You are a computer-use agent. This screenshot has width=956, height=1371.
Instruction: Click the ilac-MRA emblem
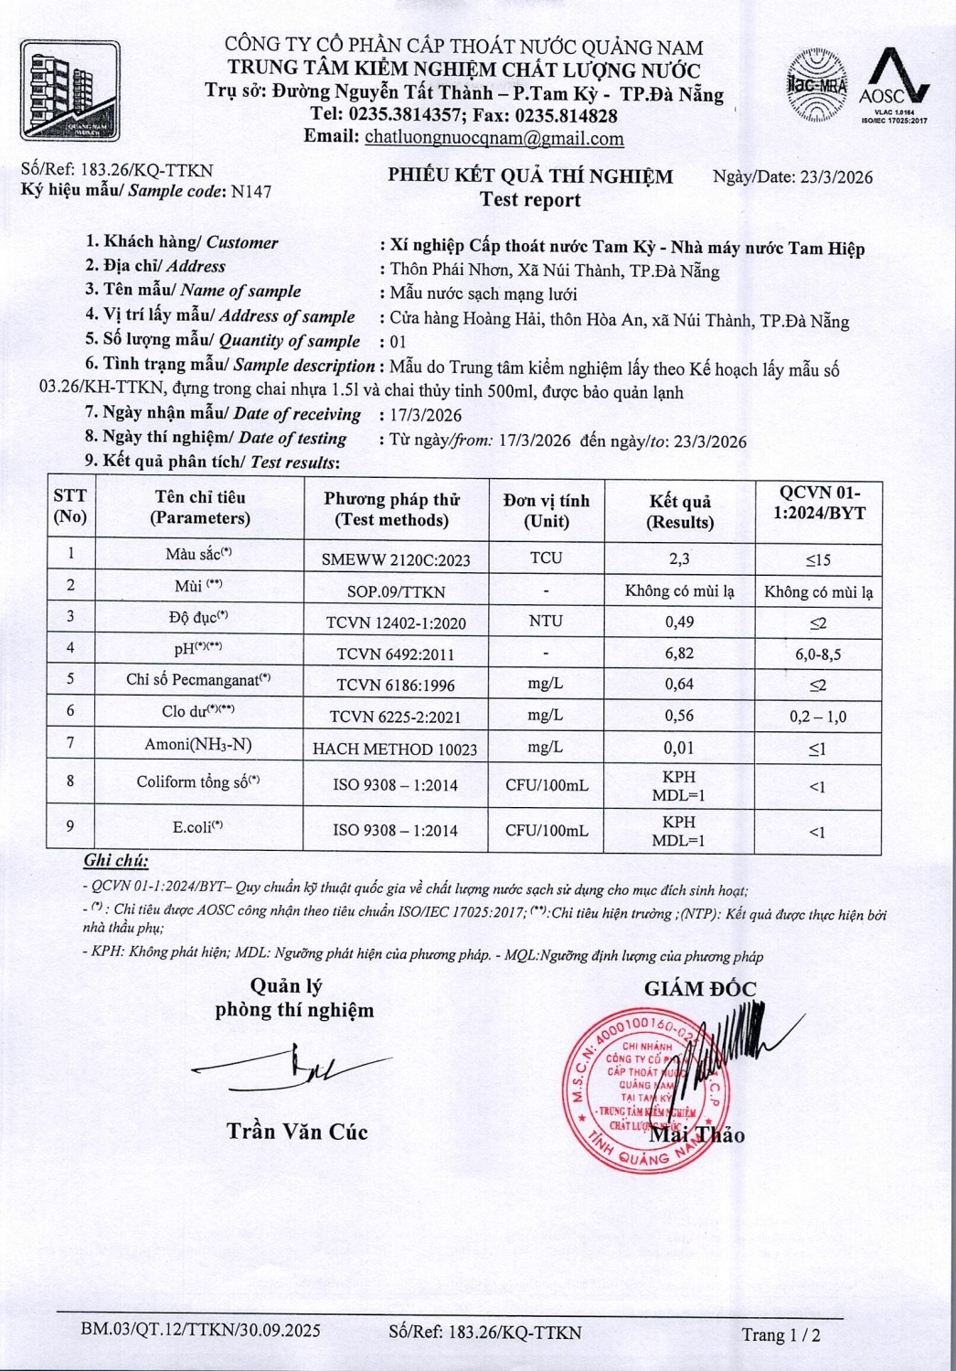tap(816, 86)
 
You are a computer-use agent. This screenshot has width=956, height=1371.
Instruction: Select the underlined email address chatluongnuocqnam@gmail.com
tap(494, 139)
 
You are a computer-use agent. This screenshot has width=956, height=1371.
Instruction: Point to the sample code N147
tap(251, 192)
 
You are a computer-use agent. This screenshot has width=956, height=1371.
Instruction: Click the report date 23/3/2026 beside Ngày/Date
tap(835, 177)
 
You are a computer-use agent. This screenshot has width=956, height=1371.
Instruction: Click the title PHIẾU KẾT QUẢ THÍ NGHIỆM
tap(530, 176)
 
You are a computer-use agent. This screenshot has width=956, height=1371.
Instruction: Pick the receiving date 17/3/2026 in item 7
tap(426, 415)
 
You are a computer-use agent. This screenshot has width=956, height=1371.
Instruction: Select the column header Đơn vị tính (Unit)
tap(546, 511)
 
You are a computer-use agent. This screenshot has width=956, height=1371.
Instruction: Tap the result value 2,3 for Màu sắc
tap(679, 558)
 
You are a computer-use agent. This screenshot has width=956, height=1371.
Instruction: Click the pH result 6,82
tap(679, 653)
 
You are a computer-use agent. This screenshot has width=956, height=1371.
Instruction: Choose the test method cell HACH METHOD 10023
tap(395, 749)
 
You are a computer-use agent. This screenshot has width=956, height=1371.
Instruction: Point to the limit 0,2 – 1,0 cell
tap(818, 717)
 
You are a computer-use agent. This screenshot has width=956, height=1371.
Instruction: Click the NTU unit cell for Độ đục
tap(546, 621)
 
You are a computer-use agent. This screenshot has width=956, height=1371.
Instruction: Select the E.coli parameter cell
tap(198, 828)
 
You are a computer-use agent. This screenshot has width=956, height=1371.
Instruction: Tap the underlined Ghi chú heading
tap(116, 861)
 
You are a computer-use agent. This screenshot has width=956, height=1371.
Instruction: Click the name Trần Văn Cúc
tap(297, 1132)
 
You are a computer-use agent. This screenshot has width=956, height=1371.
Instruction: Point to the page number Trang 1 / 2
tap(781, 1334)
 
